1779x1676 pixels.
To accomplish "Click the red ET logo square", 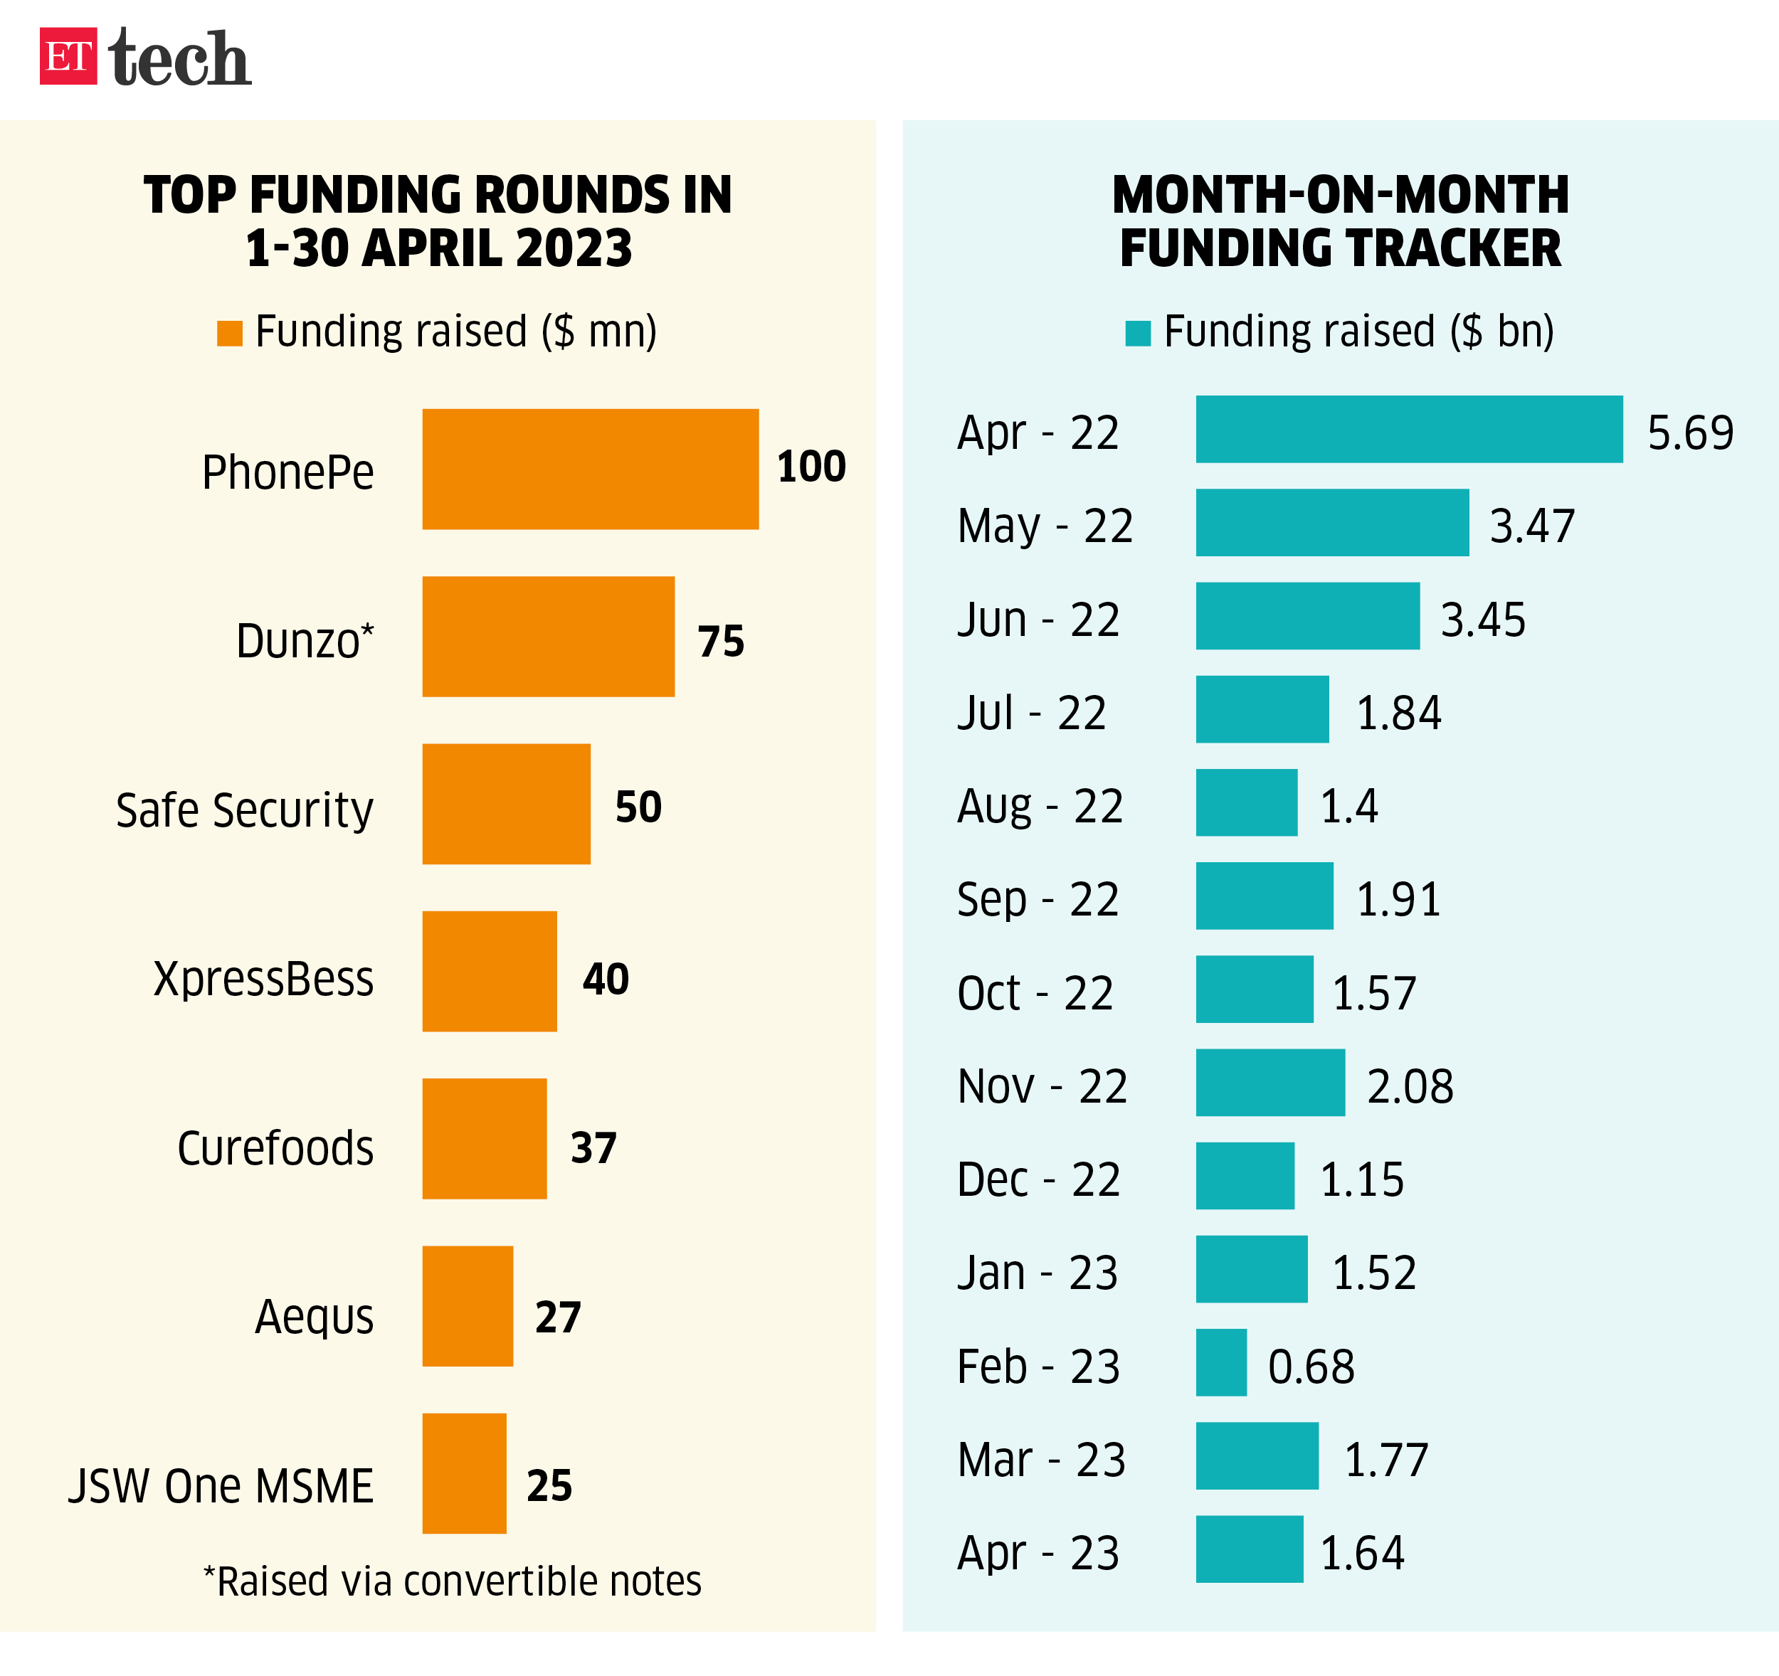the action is (x=68, y=56).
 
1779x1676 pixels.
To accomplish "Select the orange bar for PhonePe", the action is (x=591, y=469).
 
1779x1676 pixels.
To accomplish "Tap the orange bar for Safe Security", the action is (x=507, y=804).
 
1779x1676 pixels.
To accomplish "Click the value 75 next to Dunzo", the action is (x=722, y=642).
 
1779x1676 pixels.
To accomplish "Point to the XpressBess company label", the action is (x=263, y=978).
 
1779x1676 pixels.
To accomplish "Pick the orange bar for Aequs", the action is (x=468, y=1305).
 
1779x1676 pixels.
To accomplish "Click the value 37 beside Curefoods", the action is (x=594, y=1148).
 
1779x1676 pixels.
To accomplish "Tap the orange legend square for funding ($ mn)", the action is (x=230, y=333).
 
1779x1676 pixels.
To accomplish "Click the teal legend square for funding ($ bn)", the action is (x=1137, y=333).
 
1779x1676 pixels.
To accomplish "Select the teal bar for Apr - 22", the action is (x=1410, y=430).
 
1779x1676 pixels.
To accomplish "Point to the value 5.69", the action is (x=1691, y=433).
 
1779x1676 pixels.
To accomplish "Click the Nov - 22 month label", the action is (x=1042, y=1086).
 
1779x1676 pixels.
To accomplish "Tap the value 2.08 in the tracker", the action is (x=1410, y=1086).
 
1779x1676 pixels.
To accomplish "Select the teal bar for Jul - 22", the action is (x=1262, y=709).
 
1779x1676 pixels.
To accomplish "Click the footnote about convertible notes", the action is (x=452, y=1581).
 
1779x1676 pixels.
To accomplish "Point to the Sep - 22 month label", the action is (x=1038, y=899).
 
